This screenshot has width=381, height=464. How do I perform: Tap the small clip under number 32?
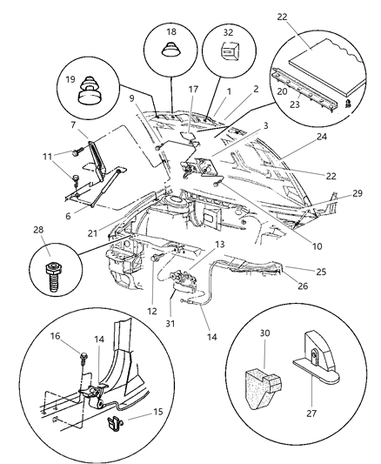point(228,57)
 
